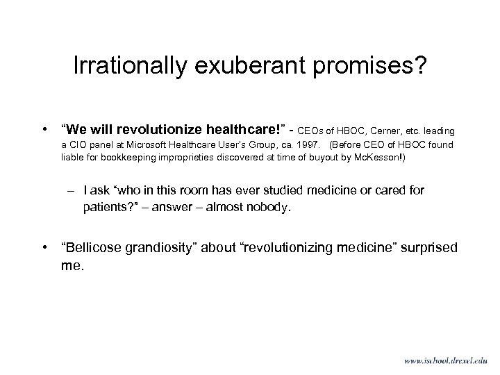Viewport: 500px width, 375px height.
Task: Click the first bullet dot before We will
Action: (x=44, y=128)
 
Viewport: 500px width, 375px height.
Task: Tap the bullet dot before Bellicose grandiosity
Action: (x=44, y=248)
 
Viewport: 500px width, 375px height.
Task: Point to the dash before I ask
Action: (x=71, y=190)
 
